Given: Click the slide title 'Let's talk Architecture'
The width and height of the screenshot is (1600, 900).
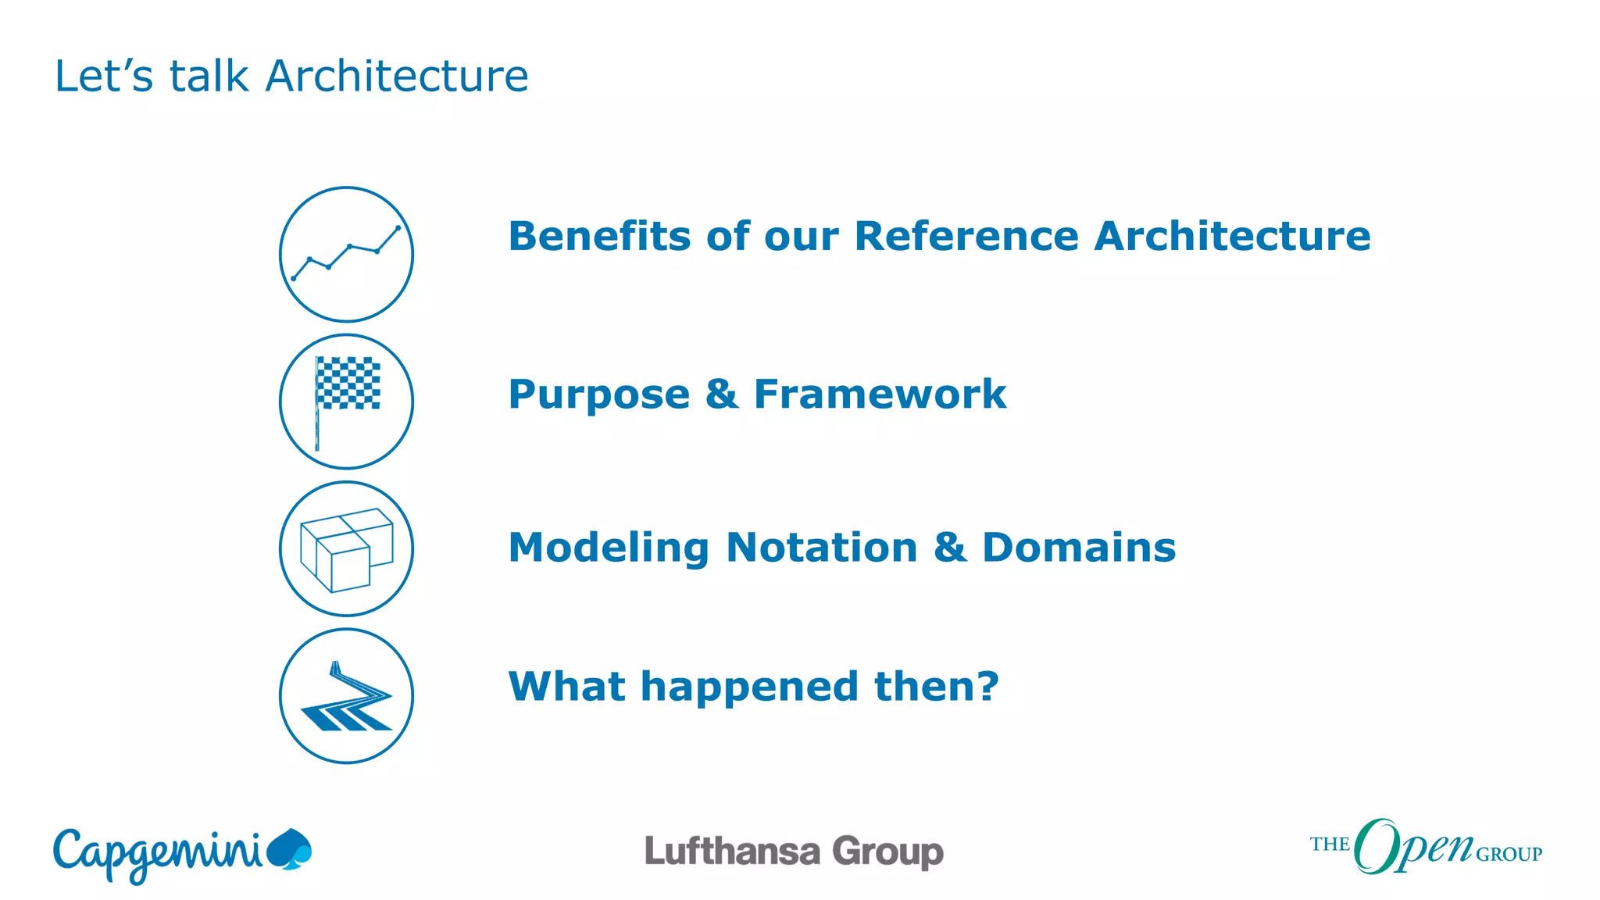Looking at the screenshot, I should click(x=291, y=77).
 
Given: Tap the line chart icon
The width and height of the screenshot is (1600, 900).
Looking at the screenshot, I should click(x=346, y=254).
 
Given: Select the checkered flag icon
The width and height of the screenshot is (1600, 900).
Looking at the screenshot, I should click(x=346, y=401).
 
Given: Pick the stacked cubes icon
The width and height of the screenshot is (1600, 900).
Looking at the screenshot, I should click(x=346, y=548).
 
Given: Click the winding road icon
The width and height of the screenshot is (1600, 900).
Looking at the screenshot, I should click(x=346, y=696).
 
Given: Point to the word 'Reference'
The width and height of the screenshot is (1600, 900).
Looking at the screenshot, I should click(x=966, y=236).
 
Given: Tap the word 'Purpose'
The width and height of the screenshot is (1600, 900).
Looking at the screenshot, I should click(x=599, y=395).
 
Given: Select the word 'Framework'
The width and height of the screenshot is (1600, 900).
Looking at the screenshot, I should click(x=880, y=394).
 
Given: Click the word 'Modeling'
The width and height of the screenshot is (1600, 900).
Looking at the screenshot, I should click(x=609, y=548).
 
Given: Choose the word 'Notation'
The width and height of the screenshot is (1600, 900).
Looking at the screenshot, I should click(x=822, y=548).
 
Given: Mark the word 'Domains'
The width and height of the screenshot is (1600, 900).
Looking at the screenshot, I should click(x=1079, y=548).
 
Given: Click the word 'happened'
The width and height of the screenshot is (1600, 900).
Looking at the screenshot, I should click(x=750, y=687).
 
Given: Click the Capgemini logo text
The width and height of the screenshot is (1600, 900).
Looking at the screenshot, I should click(x=156, y=854).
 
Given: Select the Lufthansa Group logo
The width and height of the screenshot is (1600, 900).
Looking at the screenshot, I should click(x=794, y=852).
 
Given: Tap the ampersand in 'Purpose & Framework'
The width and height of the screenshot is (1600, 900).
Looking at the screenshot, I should click(x=721, y=394).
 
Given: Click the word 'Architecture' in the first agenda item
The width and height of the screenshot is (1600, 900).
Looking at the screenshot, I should click(x=1232, y=236).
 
